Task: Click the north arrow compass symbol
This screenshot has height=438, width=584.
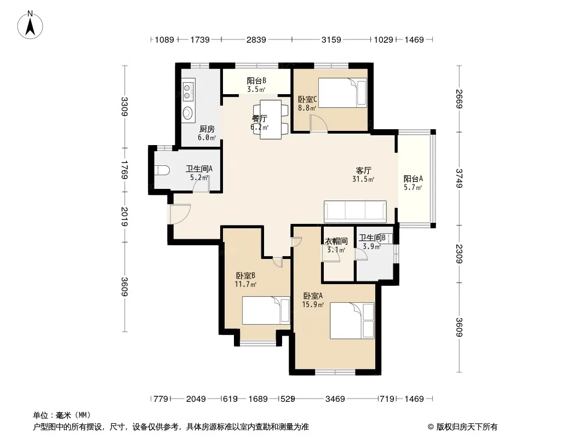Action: pyautogui.click(x=30, y=25)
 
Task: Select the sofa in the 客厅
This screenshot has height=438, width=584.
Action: pyautogui.click(x=355, y=211)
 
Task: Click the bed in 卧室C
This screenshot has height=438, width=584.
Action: pyautogui.click(x=342, y=93)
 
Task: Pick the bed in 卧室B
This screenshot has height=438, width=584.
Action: pyautogui.click(x=266, y=310)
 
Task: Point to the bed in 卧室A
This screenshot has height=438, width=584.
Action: pyautogui.click(x=352, y=321)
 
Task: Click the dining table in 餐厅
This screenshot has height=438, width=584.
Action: pyautogui.click(x=271, y=119)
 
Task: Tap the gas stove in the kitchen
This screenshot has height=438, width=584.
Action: pyautogui.click(x=188, y=89)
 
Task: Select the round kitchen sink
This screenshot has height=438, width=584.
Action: pyautogui.click(x=188, y=112)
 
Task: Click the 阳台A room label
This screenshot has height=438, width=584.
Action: pyautogui.click(x=413, y=178)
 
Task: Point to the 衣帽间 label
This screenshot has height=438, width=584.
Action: pyautogui.click(x=336, y=241)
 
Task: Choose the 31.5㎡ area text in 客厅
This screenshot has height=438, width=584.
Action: pyautogui.click(x=363, y=180)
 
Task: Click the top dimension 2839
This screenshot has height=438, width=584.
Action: pyautogui.click(x=256, y=40)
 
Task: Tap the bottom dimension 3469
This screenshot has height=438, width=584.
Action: pyautogui.click(x=335, y=399)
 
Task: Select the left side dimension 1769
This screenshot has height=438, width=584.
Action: pyautogui.click(x=124, y=170)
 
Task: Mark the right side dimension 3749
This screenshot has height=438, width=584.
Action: pyautogui.click(x=459, y=178)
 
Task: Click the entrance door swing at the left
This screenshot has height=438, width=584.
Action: pyautogui.click(x=181, y=214)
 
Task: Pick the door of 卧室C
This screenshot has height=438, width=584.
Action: pyautogui.click(x=319, y=123)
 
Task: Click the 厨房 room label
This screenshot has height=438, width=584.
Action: pyautogui.click(x=207, y=129)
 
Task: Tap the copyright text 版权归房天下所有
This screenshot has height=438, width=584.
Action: pyautogui.click(x=467, y=427)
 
